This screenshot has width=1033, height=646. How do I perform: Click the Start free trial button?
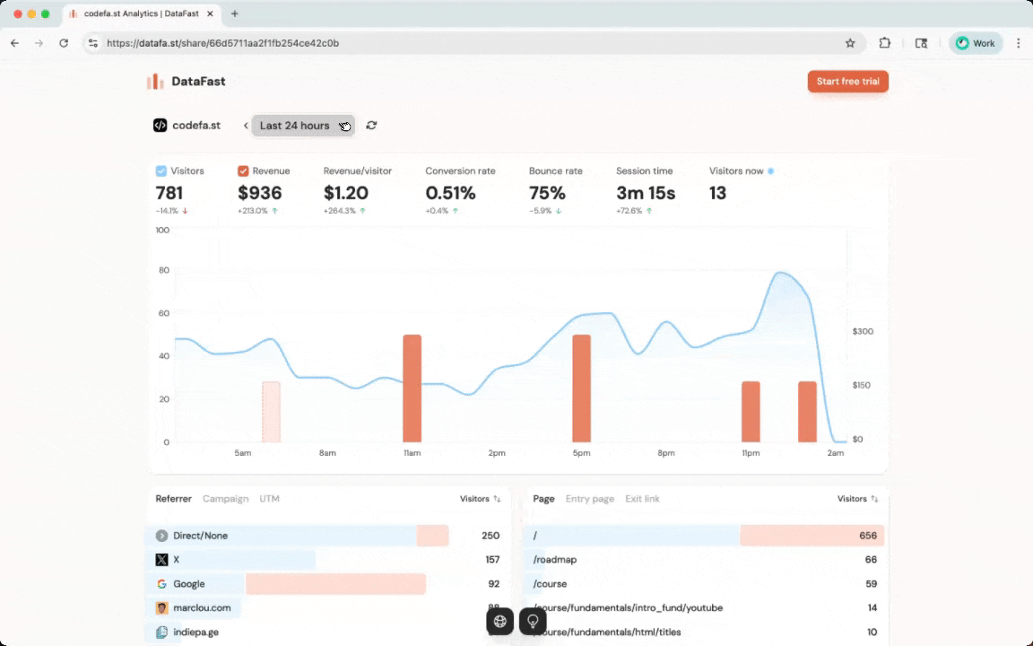tap(847, 82)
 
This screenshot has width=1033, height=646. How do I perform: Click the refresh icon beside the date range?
tap(371, 126)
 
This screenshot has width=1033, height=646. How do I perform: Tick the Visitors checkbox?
tap(161, 171)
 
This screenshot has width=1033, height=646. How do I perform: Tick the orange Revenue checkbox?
tap(243, 171)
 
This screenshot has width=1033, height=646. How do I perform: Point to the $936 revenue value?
tap(260, 193)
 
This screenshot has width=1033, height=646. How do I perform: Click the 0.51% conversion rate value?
tap(450, 193)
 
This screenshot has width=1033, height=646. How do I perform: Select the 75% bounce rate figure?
tap(547, 193)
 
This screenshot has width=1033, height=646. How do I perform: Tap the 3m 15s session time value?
tap(646, 193)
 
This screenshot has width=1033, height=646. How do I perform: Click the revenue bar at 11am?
tap(412, 388)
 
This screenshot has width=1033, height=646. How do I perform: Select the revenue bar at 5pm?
tap(581, 388)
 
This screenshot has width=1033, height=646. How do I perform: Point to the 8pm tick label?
tap(666, 453)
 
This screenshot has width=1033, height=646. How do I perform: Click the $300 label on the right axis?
tap(863, 332)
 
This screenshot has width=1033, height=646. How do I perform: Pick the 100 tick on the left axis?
tap(162, 231)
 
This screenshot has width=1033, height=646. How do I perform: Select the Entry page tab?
tap(589, 499)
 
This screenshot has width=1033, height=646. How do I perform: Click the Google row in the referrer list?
tap(189, 584)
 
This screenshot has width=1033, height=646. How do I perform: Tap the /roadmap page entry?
tap(555, 560)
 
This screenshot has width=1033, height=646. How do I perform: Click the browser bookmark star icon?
tap(850, 43)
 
